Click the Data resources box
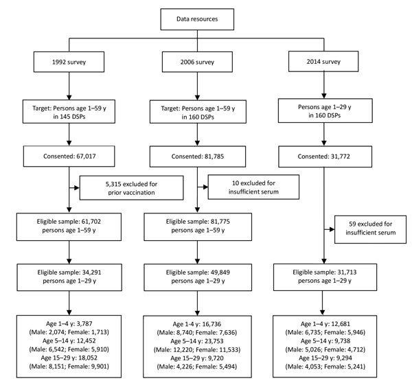pyautogui.click(x=197, y=19)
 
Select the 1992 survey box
pyautogui.click(x=69, y=62)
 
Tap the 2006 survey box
pyautogui.click(x=197, y=62)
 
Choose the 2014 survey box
pyautogui.click(x=323, y=62)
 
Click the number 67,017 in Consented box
pyautogui.click(x=86, y=156)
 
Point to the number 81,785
pyautogui.click(x=214, y=156)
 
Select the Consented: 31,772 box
pyautogui.click(x=325, y=156)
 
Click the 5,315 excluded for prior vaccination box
pyautogui.click(x=131, y=188)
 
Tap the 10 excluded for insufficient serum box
pyautogui.click(x=253, y=187)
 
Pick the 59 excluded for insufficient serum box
pyautogui.click(x=370, y=229)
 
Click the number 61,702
pyautogui.click(x=91, y=222)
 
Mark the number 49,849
pyautogui.click(x=220, y=272)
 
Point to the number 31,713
pyautogui.click(x=347, y=272)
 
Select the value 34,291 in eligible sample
pyautogui.click(x=91, y=272)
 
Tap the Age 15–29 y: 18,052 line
pyautogui.click(x=69, y=358)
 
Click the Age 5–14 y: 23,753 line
pyautogui.click(x=197, y=341)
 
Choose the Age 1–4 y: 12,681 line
pyautogui.click(x=325, y=324)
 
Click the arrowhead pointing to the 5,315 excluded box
pyautogui.click(x=77, y=188)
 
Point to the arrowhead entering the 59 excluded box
pyautogui.click(x=332, y=229)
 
